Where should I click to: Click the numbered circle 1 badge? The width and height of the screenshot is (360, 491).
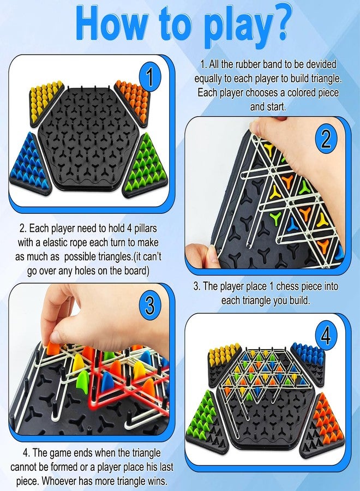click(150, 77)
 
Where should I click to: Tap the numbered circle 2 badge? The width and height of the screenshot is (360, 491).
click(326, 139)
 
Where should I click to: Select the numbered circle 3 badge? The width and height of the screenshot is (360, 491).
click(150, 304)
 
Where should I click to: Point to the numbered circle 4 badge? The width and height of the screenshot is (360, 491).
click(326, 336)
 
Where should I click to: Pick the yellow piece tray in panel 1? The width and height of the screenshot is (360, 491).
click(45, 103)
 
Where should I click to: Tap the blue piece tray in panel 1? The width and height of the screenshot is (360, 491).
click(31, 165)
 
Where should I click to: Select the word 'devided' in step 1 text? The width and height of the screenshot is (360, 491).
click(321, 64)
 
